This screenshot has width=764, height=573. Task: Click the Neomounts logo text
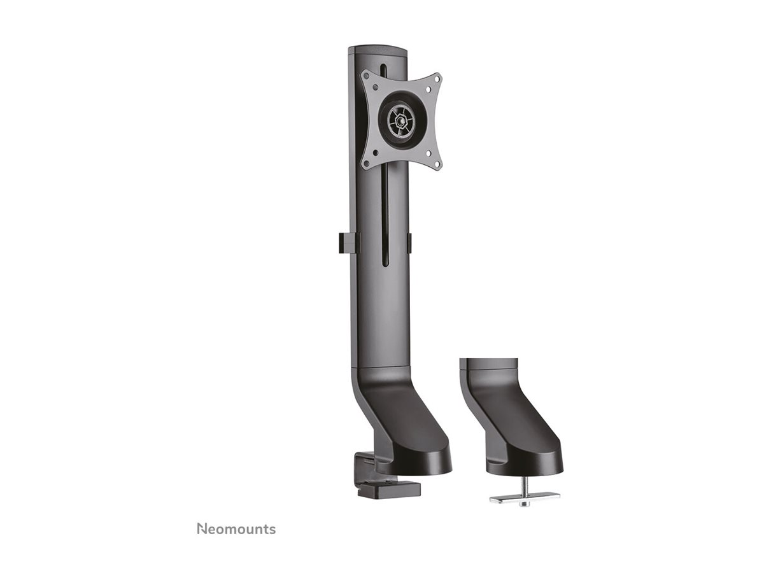(236, 528)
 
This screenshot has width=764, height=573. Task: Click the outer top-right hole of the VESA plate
(437, 78)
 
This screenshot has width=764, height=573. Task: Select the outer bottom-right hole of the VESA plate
(437, 164)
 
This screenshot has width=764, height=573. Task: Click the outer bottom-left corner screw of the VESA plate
(366, 162)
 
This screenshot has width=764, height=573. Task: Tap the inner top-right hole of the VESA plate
(428, 89)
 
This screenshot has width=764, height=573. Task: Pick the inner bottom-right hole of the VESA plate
(428, 152)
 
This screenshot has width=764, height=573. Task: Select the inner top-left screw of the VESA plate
(375, 87)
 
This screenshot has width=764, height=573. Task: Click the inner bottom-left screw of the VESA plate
(375, 152)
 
